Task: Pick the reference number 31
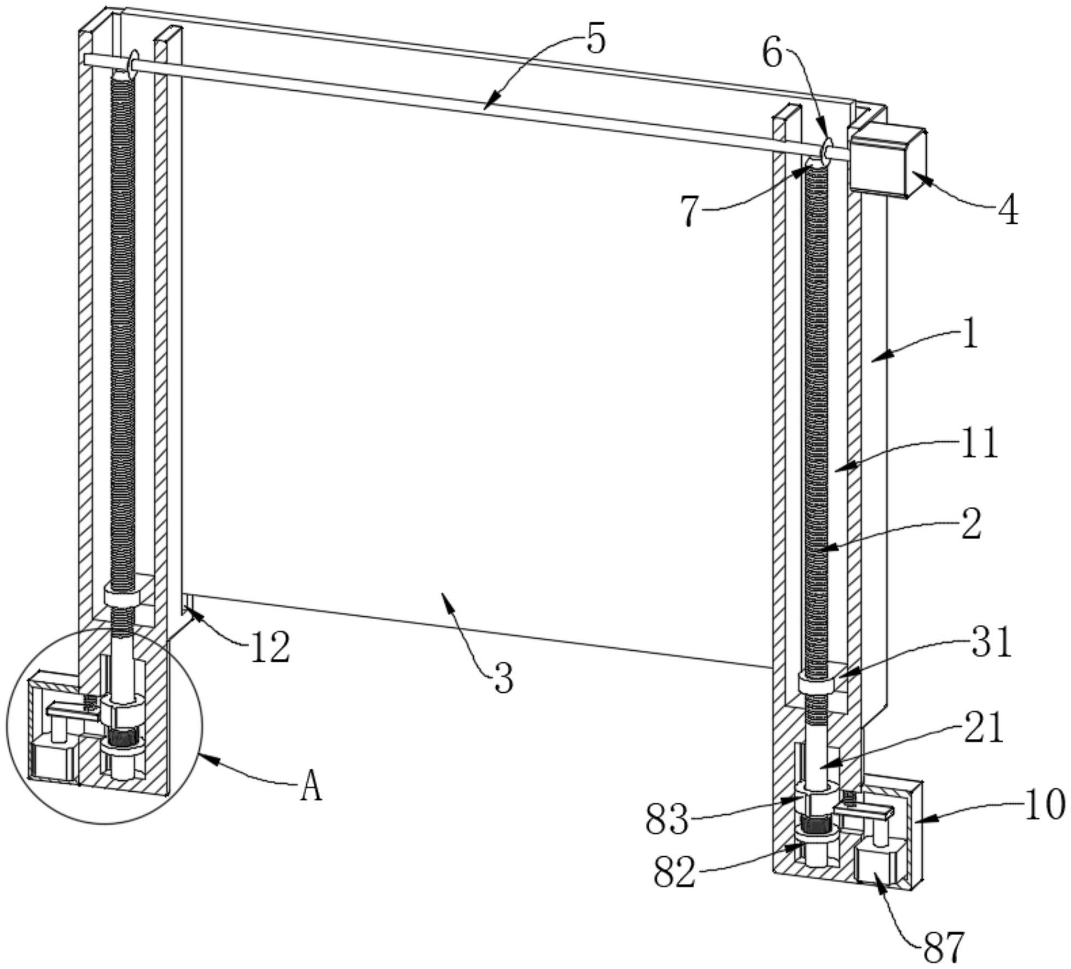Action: click(991, 641)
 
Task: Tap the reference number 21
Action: click(983, 728)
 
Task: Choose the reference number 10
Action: click(1044, 804)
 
